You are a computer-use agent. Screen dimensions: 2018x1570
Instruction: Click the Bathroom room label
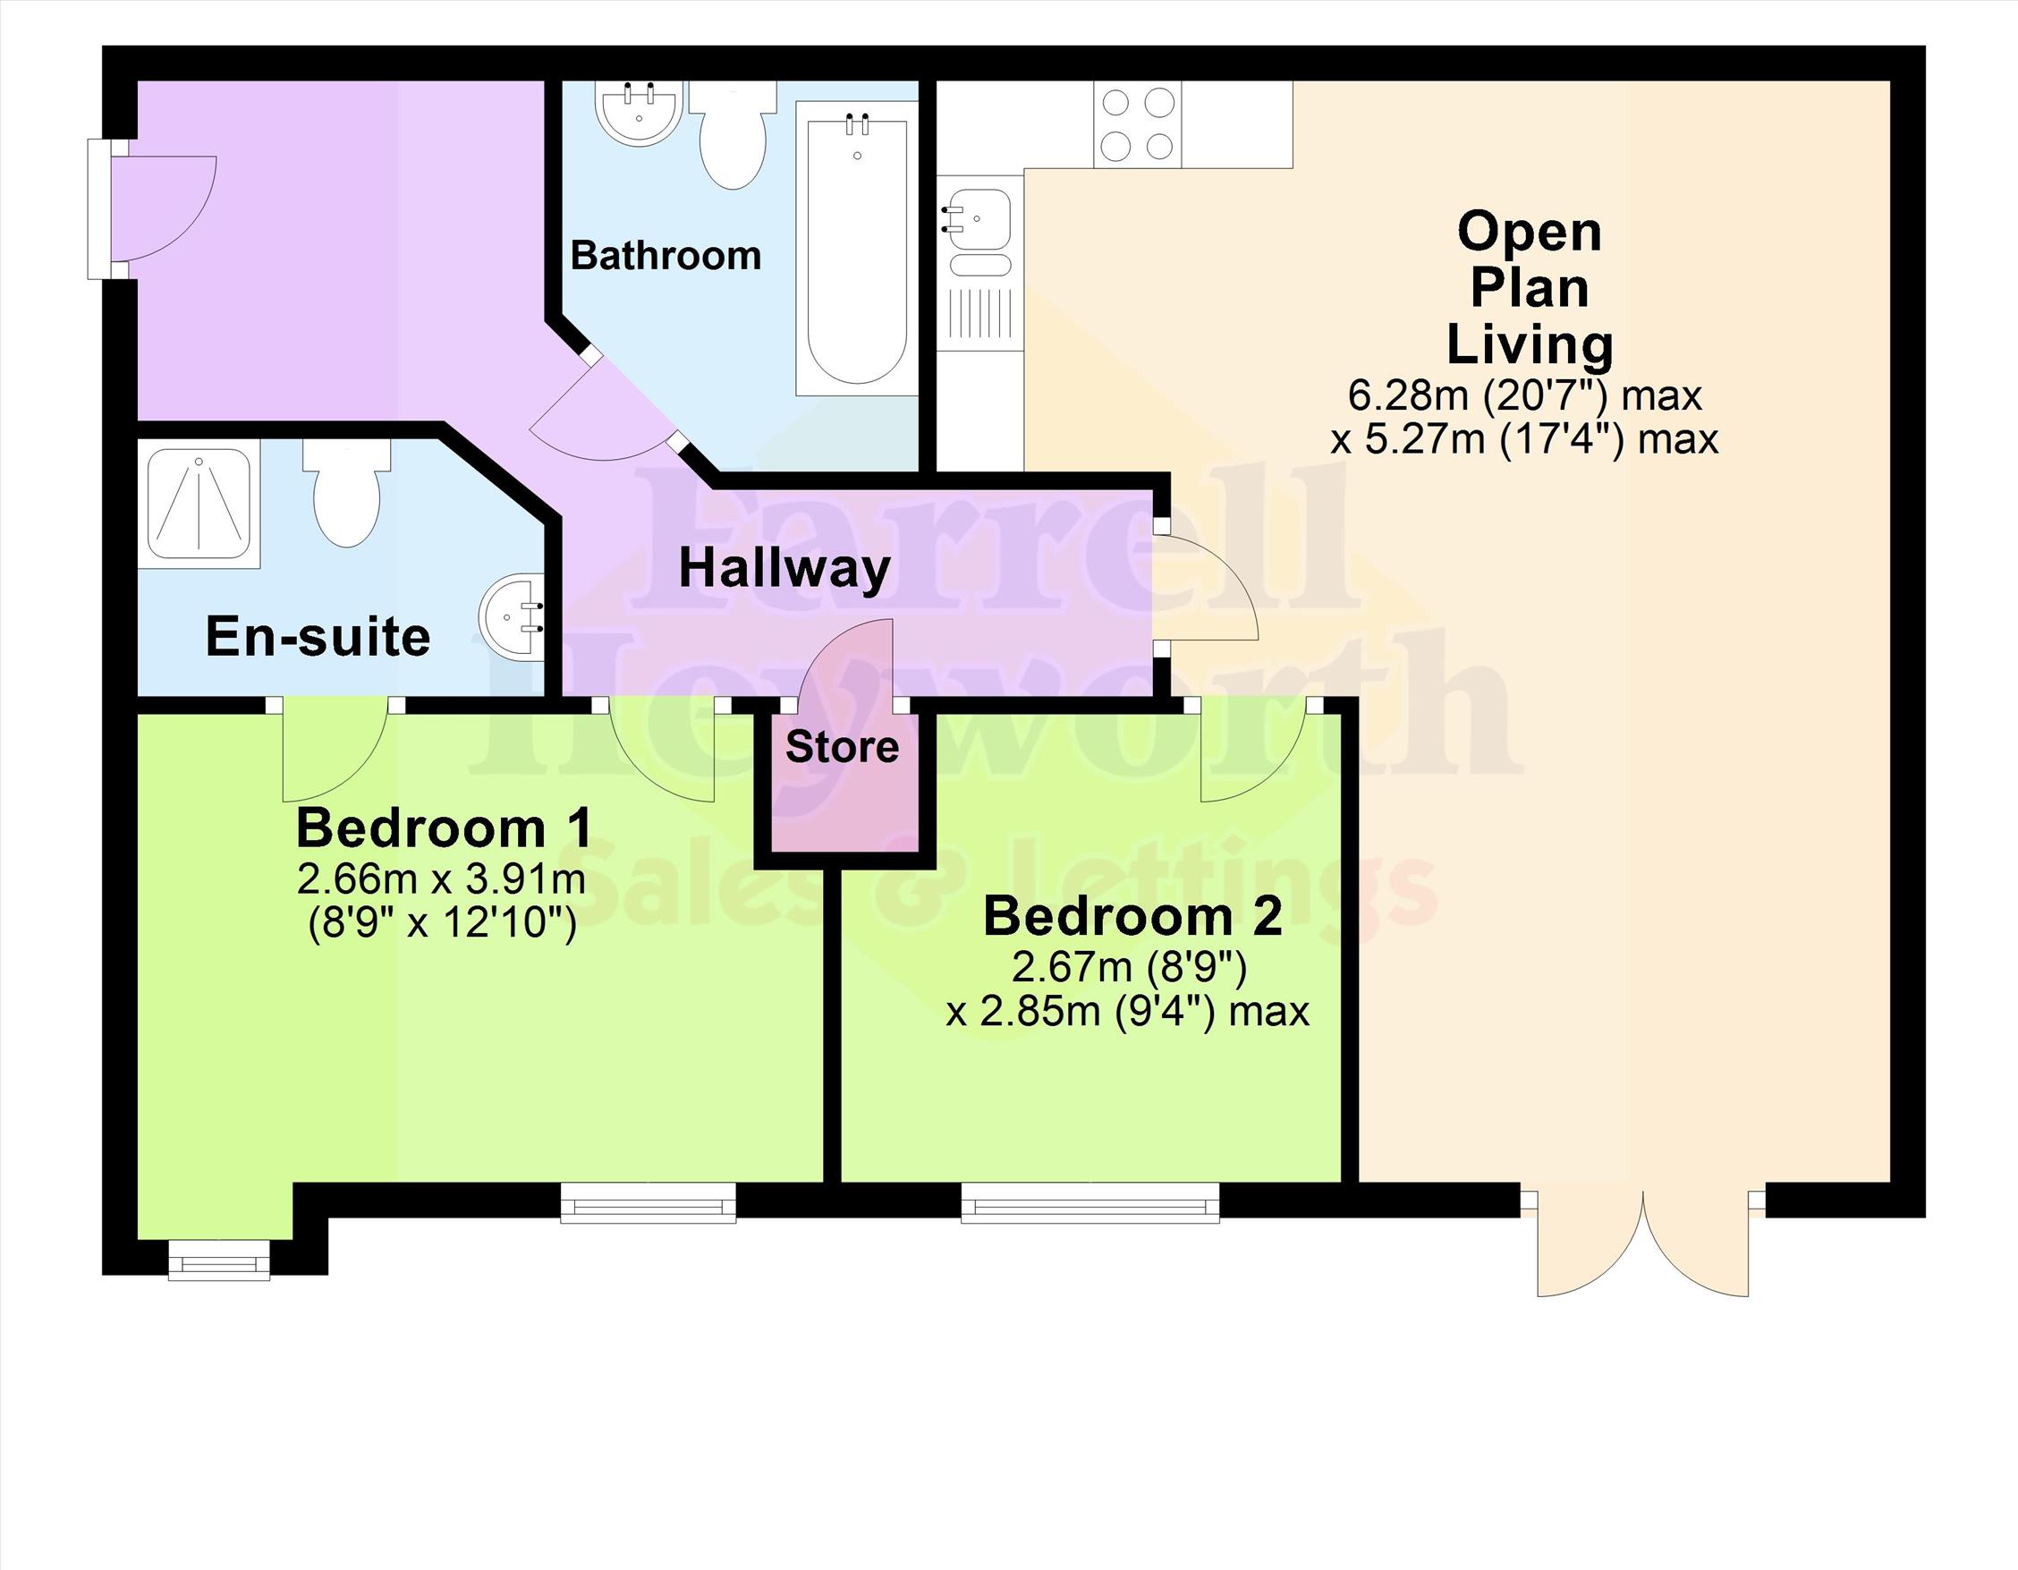tap(666, 255)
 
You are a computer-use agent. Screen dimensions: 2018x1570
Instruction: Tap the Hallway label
tap(784, 568)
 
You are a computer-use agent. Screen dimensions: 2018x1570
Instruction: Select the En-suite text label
tap(318, 636)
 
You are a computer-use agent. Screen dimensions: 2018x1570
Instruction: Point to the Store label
tap(842, 747)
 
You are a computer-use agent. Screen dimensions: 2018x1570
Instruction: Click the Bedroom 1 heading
tap(444, 828)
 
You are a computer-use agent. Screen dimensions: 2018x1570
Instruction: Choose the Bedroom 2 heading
tap(1132, 917)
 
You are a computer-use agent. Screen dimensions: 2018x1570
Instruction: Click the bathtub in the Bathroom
tap(857, 249)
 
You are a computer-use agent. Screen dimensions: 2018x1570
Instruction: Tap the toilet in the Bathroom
tap(733, 134)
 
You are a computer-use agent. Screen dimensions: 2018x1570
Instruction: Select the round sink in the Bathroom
tap(640, 113)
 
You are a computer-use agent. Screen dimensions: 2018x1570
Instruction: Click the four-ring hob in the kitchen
tap(1138, 123)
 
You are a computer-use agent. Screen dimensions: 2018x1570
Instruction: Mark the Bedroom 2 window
tap(1090, 1202)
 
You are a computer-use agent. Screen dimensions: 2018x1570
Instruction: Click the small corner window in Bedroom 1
tap(219, 1259)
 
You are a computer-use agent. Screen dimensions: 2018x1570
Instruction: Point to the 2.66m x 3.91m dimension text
tap(441, 878)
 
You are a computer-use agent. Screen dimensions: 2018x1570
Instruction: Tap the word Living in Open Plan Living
tap(1530, 344)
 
